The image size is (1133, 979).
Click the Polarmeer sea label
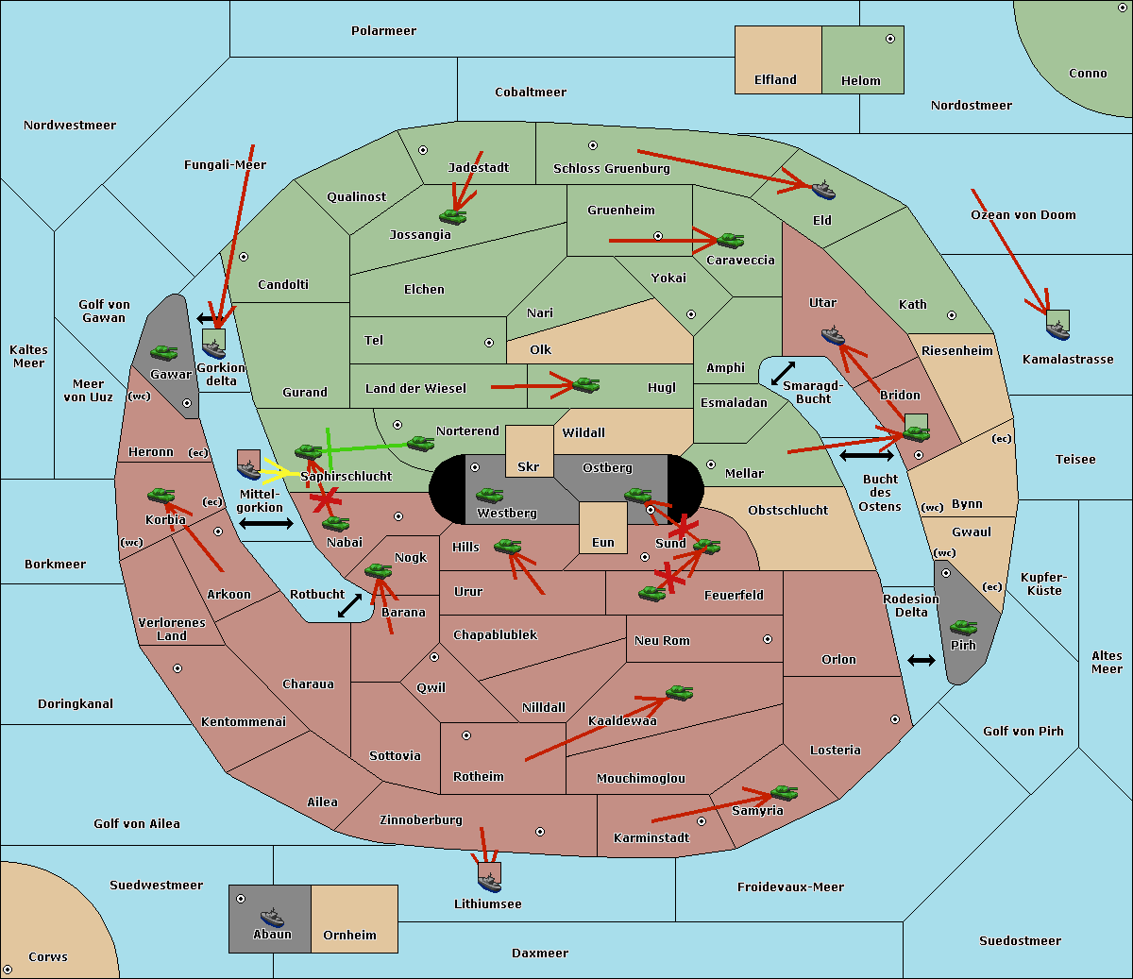[383, 31]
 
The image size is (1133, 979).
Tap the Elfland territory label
[775, 80]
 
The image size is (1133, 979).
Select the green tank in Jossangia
[453, 216]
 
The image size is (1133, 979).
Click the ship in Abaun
[272, 918]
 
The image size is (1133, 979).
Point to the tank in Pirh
[963, 628]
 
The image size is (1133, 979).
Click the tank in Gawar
[164, 352]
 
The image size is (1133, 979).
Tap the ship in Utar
[833, 335]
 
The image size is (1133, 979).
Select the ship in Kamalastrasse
[1057, 328]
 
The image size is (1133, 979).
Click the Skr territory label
[529, 467]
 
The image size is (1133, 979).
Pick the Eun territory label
[603, 543]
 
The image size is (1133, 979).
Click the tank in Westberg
[489, 496]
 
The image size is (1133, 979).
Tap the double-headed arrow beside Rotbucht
[350, 605]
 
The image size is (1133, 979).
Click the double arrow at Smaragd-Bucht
[783, 374]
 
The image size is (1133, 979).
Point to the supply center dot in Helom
[889, 39]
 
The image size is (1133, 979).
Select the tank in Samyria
[784, 792]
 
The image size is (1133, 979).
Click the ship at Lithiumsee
[489, 882]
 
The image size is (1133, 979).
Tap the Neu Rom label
[662, 641]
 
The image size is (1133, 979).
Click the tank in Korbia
[161, 496]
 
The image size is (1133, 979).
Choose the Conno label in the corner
[1088, 74]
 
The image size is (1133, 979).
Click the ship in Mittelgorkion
[248, 467]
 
